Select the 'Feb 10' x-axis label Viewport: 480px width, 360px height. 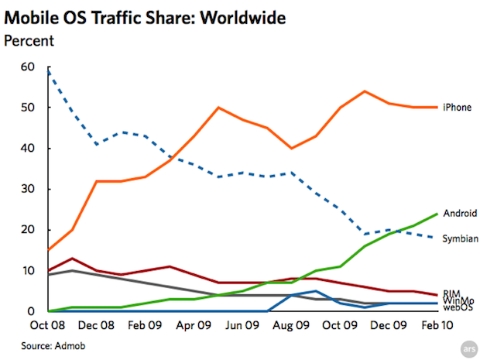pos(435,326)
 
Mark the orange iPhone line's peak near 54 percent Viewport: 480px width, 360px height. pos(365,91)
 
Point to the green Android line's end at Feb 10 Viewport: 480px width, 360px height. pos(437,214)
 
